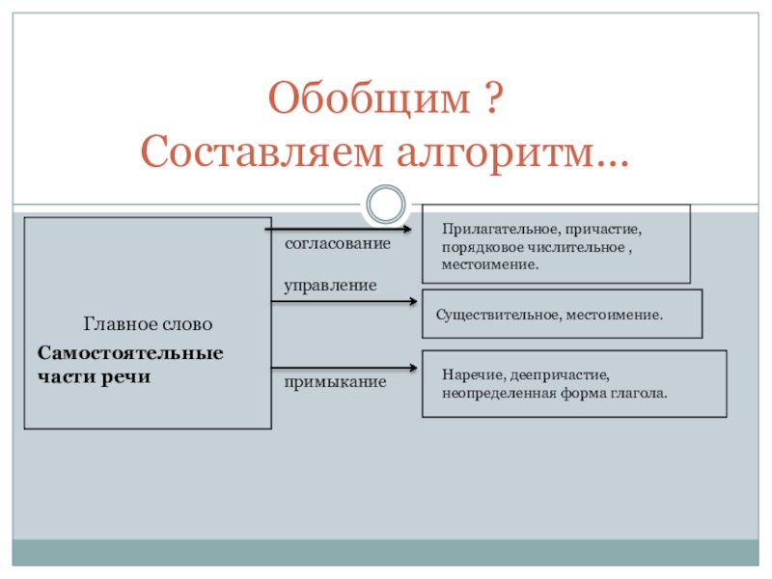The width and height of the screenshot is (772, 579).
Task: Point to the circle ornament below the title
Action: (x=385, y=205)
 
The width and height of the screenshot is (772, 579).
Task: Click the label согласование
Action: (x=338, y=245)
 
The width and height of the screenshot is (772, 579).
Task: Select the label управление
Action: (x=330, y=287)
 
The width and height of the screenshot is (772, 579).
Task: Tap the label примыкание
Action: (x=335, y=383)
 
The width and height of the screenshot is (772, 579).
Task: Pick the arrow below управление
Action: (x=344, y=302)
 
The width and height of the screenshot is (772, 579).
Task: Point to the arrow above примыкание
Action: (x=344, y=369)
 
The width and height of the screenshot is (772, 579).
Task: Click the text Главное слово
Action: (x=148, y=324)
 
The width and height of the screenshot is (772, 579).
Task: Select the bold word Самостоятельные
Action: (x=130, y=353)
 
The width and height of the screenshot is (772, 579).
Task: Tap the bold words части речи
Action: (x=95, y=376)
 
